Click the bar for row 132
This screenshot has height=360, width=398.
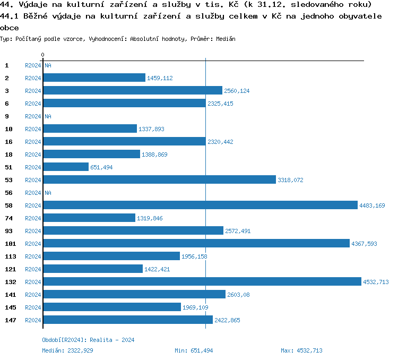[x=202, y=282]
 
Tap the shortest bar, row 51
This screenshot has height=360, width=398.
[x=66, y=167]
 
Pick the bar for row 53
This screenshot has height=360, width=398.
[x=159, y=180]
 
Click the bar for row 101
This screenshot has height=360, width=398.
[x=196, y=244]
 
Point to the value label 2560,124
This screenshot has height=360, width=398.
[x=237, y=91]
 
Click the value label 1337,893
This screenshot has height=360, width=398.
[x=152, y=129]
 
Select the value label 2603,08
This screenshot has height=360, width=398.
[x=239, y=295]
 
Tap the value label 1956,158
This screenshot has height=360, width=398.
[x=194, y=256]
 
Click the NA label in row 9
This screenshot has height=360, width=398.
[x=48, y=116]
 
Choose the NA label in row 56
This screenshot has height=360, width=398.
[x=48, y=193]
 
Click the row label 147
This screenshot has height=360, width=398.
[x=10, y=320]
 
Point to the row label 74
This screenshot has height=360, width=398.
[x=8, y=218]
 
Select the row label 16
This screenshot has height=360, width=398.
[x=8, y=142]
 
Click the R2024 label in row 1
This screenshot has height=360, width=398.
[x=33, y=65]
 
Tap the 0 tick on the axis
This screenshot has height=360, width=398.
[x=42, y=55]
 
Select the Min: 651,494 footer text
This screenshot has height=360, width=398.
[x=194, y=350]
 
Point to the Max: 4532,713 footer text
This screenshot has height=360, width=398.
[x=301, y=350]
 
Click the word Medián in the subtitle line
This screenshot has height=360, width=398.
[x=226, y=39]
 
